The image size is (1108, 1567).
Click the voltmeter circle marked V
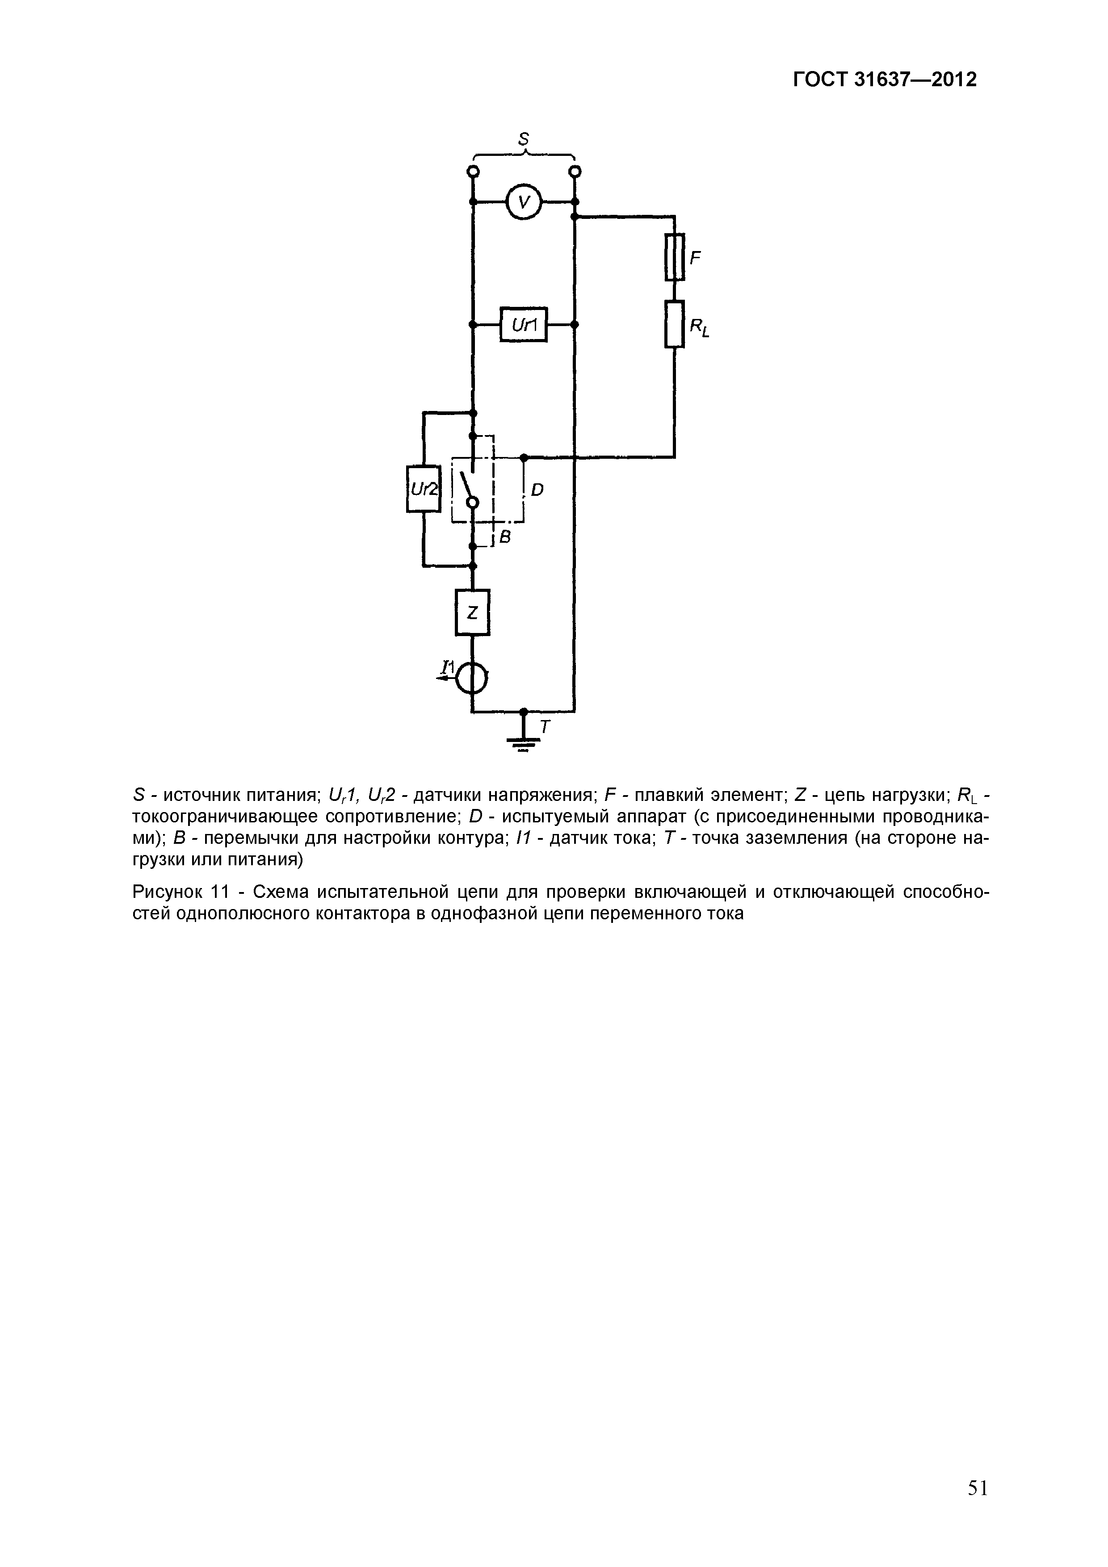coord(524,202)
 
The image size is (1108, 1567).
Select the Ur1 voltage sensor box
coord(524,325)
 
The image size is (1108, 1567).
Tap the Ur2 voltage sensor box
coord(423,489)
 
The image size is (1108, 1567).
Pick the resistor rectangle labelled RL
coord(675,324)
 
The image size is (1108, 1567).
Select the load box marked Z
coord(472,612)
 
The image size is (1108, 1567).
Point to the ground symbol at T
coord(524,741)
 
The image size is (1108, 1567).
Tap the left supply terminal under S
coord(472,171)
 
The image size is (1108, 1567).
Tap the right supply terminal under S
coord(575,171)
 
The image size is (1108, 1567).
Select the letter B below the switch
coord(506,538)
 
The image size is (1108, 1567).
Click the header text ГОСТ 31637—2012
coord(885,80)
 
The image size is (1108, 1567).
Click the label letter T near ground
coord(544,728)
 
